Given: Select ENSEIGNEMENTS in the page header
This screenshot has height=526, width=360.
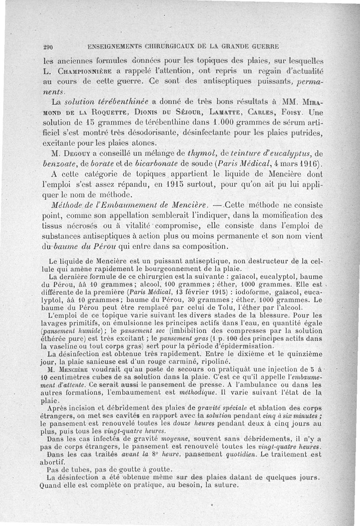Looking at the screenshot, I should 115,46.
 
